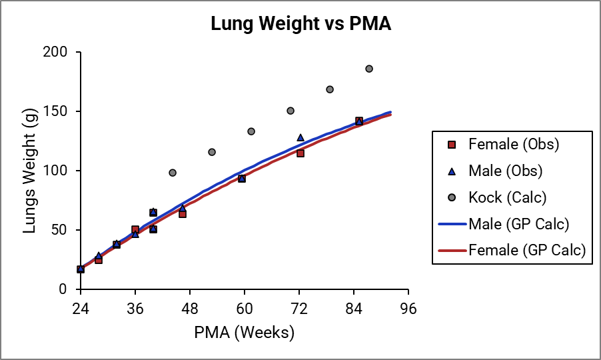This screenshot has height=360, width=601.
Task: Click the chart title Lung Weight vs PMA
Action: (x=300, y=24)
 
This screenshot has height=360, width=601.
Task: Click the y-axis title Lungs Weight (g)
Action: (x=30, y=171)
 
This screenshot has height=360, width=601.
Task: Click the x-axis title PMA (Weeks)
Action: (x=244, y=331)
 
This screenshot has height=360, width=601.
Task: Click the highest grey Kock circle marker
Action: (x=369, y=69)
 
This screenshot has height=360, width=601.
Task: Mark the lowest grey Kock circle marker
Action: (x=173, y=173)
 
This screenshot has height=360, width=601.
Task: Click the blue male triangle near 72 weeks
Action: (x=300, y=137)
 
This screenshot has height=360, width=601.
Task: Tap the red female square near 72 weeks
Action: (x=300, y=153)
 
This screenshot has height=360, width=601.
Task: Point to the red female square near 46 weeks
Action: (x=183, y=214)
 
